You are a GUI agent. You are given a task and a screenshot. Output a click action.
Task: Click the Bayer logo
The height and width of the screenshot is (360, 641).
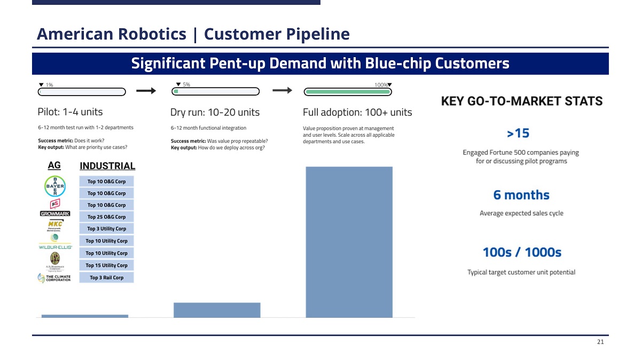[54, 186]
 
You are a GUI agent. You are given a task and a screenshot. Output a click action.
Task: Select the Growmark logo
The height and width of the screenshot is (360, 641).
[55, 214]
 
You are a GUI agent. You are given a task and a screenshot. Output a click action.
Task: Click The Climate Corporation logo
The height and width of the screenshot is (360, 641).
[54, 278]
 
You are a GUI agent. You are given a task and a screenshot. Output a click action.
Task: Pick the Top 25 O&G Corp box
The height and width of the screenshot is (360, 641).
[106, 217]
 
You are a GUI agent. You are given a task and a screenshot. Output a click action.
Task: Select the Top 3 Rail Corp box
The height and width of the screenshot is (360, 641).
[106, 277]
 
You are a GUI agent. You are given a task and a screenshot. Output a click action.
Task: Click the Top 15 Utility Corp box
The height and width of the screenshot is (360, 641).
[106, 265]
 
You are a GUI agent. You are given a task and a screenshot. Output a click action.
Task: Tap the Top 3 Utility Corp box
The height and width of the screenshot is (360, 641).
[106, 229]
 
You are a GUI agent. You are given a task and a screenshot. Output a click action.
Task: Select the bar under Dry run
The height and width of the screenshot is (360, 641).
[217, 310]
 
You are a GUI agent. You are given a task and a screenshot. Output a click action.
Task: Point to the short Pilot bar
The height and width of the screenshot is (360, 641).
[84, 316]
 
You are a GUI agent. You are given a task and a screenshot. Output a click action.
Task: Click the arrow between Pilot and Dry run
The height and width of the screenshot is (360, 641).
[146, 91]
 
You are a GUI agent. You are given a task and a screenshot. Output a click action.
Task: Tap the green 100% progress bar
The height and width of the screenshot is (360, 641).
[347, 92]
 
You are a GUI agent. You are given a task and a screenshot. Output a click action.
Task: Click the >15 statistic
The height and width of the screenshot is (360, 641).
[518, 132]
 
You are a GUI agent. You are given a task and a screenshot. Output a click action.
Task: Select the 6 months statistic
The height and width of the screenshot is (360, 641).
[521, 195]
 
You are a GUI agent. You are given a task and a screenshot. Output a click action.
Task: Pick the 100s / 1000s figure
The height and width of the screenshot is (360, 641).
[521, 252]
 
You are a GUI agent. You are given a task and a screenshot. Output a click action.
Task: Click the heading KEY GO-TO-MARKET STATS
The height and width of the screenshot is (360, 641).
[521, 101]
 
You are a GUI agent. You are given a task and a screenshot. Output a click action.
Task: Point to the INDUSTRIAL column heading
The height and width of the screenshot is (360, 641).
[107, 166]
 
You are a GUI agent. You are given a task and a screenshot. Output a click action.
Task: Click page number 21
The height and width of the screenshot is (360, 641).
[600, 342]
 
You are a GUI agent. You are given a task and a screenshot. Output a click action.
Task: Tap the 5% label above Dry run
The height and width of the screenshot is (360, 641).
[186, 84]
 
